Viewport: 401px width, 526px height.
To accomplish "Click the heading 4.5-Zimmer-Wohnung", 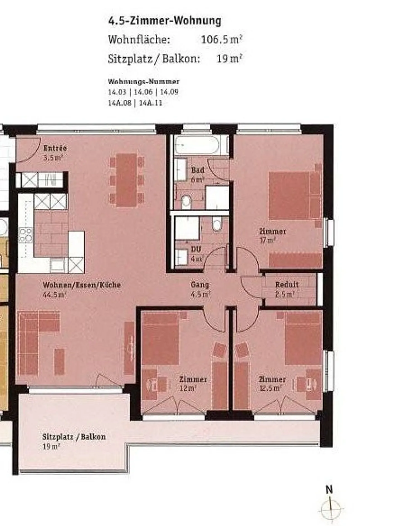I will [165, 21].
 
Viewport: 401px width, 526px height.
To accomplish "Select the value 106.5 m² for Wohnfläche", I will [221, 39].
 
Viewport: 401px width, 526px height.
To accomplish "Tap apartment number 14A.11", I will [150, 103].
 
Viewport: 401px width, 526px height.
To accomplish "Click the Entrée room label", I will [55, 148].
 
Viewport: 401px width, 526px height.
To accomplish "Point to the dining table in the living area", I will [127, 180].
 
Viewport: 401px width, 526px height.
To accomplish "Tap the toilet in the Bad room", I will [186, 201].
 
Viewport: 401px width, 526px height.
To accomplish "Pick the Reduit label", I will [287, 284].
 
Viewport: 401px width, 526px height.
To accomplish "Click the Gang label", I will [200, 284].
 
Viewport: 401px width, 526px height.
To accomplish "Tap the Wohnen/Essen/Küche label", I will [82, 285].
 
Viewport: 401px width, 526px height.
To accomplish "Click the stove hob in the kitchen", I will [25, 235].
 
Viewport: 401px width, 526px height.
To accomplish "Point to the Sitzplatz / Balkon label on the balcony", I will [74, 436].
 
